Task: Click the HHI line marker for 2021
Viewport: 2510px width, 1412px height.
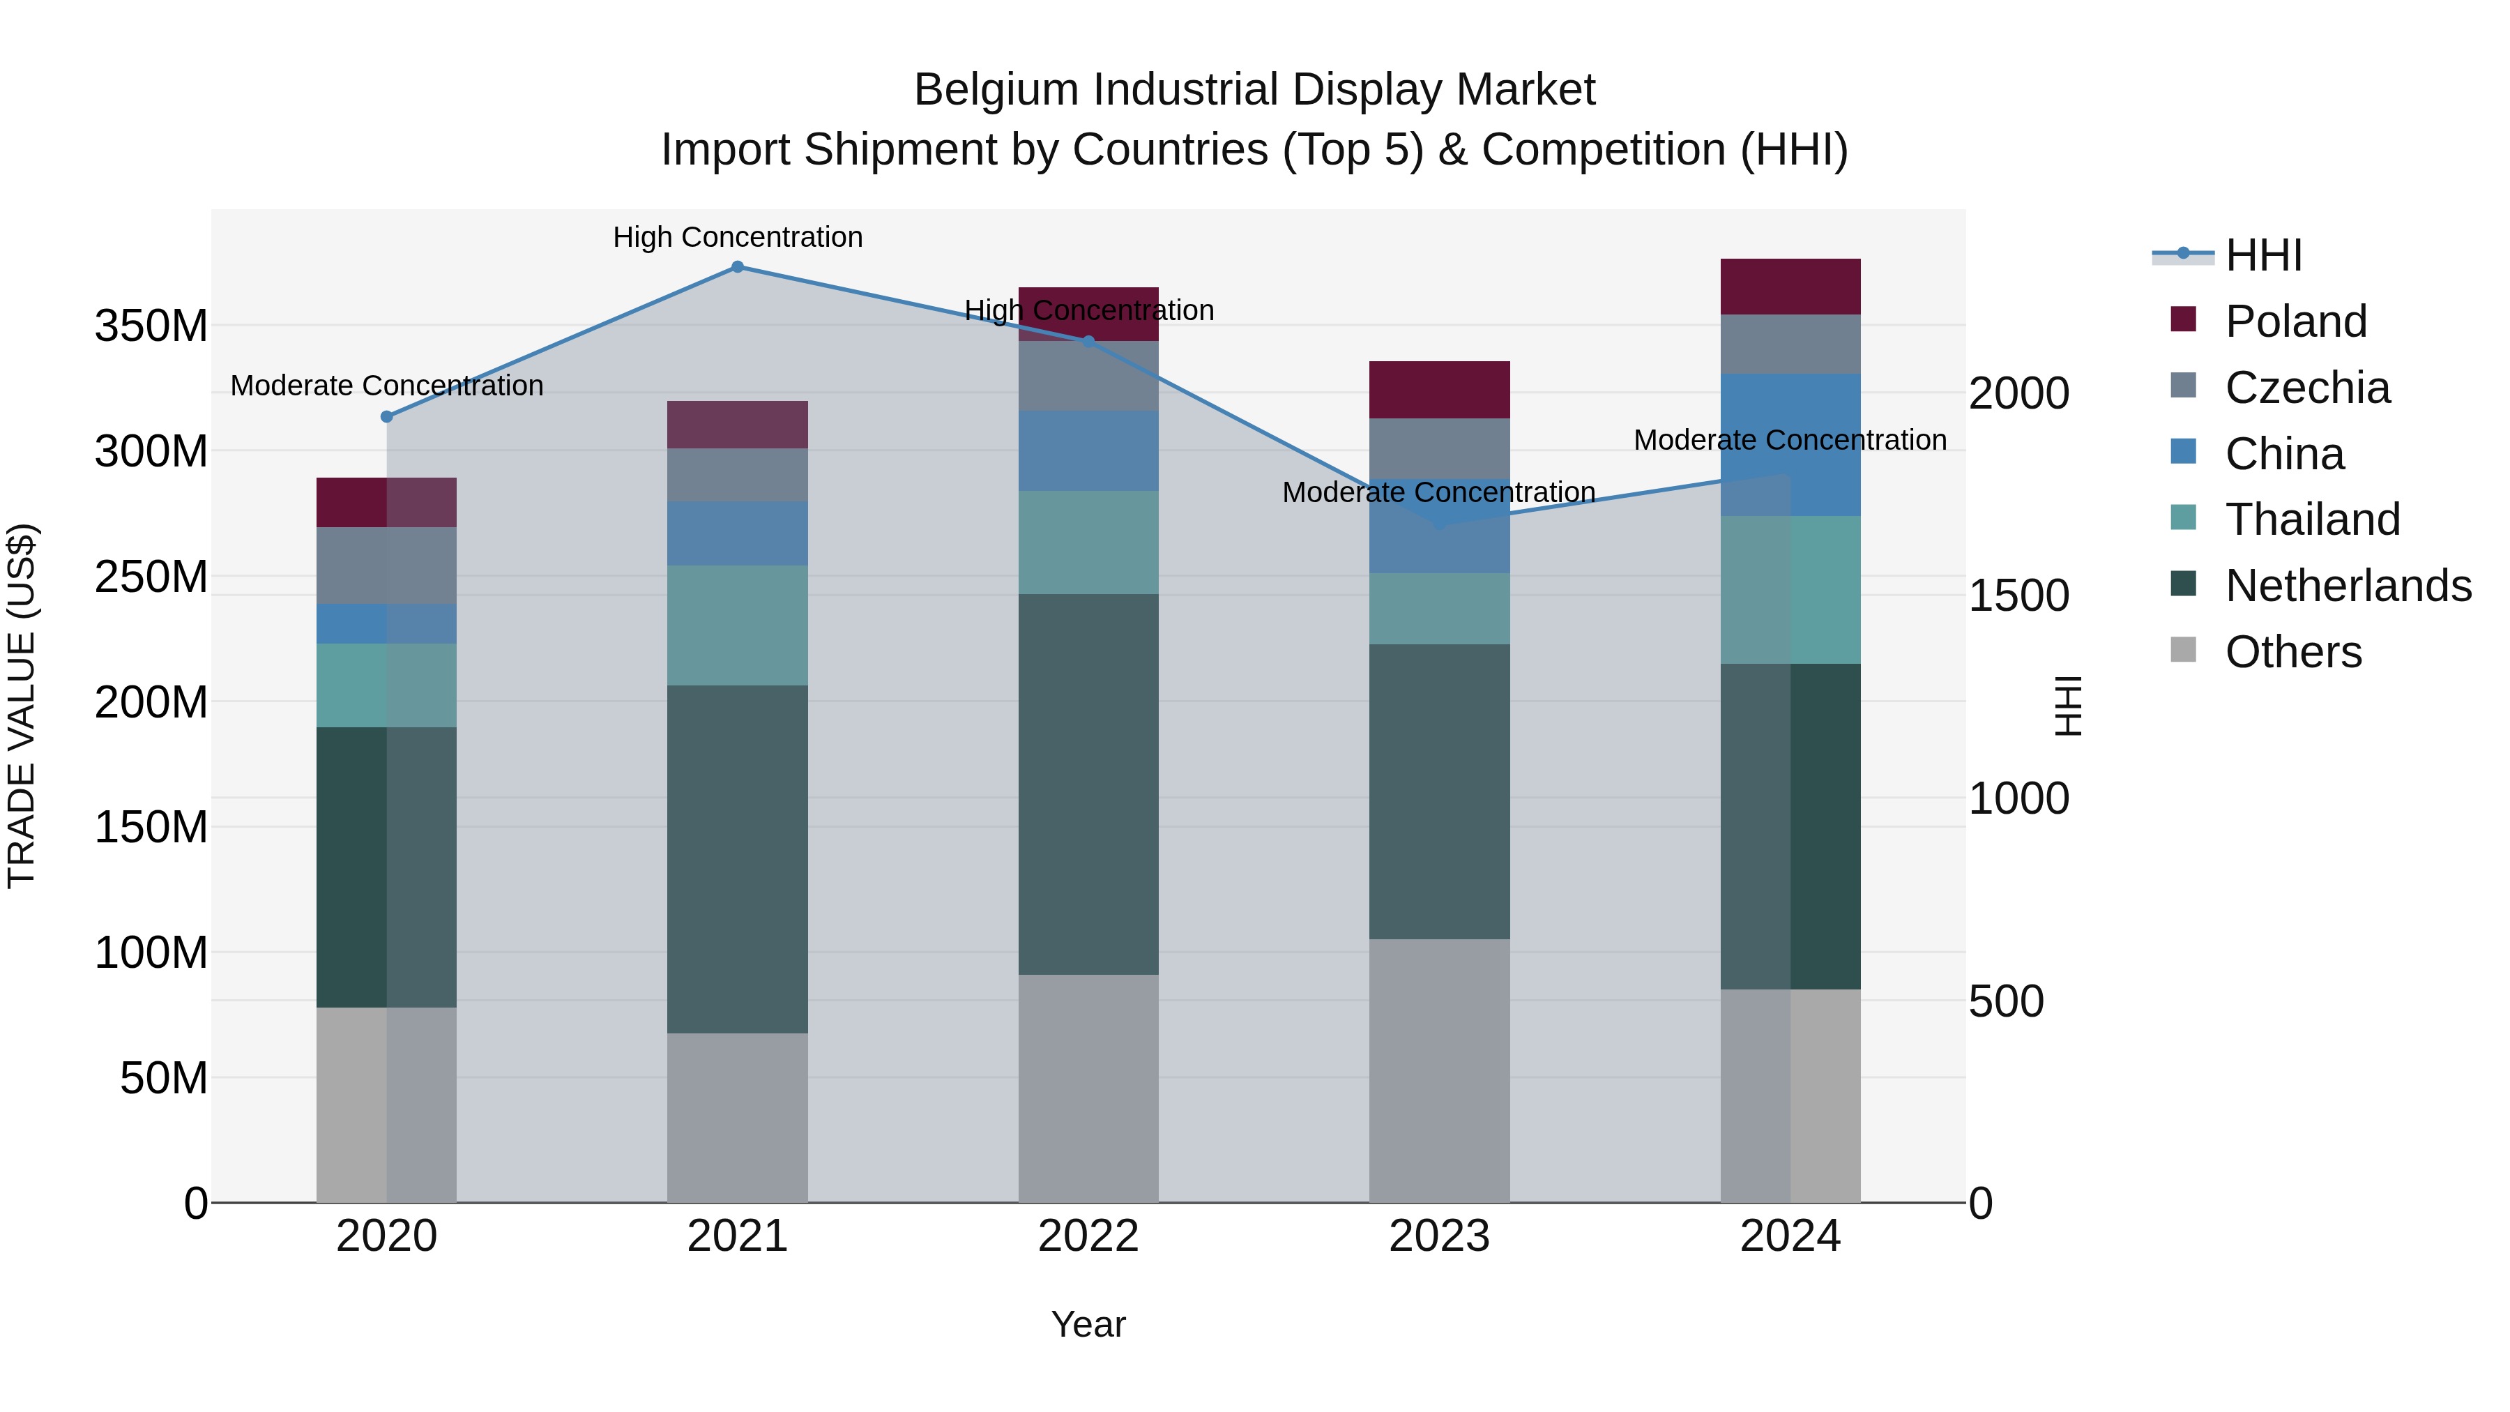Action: [x=738, y=267]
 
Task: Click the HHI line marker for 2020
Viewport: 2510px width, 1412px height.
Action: [x=387, y=417]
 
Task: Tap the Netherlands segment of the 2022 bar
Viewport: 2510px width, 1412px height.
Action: [x=1088, y=784]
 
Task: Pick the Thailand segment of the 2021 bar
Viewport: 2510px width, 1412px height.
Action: [x=738, y=625]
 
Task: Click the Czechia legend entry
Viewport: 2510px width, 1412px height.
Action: [x=2306, y=388]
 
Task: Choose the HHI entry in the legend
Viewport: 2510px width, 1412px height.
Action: [x=2262, y=255]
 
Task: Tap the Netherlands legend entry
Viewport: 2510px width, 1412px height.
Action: [x=2348, y=586]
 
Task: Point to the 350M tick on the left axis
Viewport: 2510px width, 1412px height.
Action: [x=152, y=326]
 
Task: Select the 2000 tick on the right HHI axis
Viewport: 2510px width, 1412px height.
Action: [x=2018, y=394]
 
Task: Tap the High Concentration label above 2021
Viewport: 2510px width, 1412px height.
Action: [x=738, y=237]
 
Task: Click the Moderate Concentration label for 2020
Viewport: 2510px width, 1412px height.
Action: [x=387, y=386]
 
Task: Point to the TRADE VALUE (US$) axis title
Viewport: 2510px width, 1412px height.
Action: [x=22, y=706]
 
